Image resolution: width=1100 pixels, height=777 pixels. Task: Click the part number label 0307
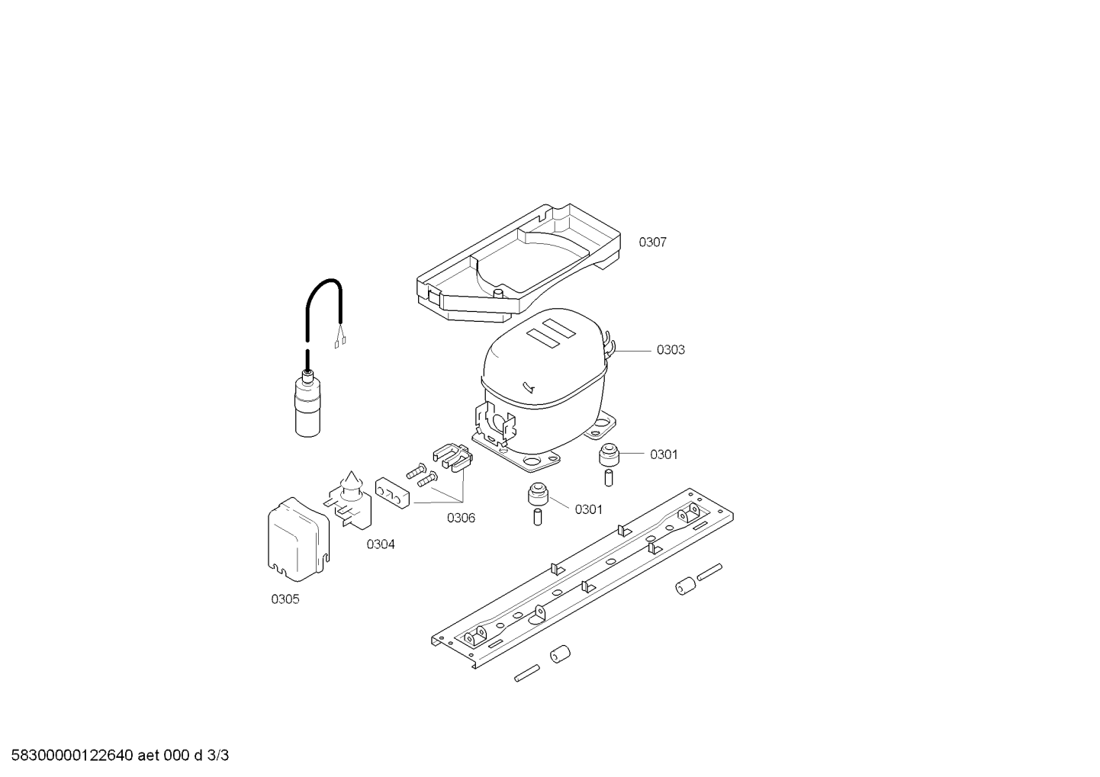tap(652, 242)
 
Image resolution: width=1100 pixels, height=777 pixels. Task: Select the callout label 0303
tap(671, 349)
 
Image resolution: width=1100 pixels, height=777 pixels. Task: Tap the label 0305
tap(285, 599)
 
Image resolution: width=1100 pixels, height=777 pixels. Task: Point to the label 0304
tap(381, 544)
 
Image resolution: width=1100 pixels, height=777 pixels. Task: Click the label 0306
tap(461, 518)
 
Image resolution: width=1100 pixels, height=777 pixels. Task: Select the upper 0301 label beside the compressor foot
tap(664, 454)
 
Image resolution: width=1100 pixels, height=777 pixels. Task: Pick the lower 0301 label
tap(588, 509)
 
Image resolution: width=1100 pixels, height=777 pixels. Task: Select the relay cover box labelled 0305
tap(298, 539)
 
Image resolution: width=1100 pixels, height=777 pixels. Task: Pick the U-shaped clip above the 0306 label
tap(453, 457)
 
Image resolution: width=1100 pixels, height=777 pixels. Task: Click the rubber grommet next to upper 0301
tap(609, 455)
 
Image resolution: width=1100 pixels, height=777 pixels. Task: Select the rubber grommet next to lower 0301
tap(538, 493)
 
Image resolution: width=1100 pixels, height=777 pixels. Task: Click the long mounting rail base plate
tap(582, 578)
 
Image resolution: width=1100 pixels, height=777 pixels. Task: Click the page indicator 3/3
tap(218, 756)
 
